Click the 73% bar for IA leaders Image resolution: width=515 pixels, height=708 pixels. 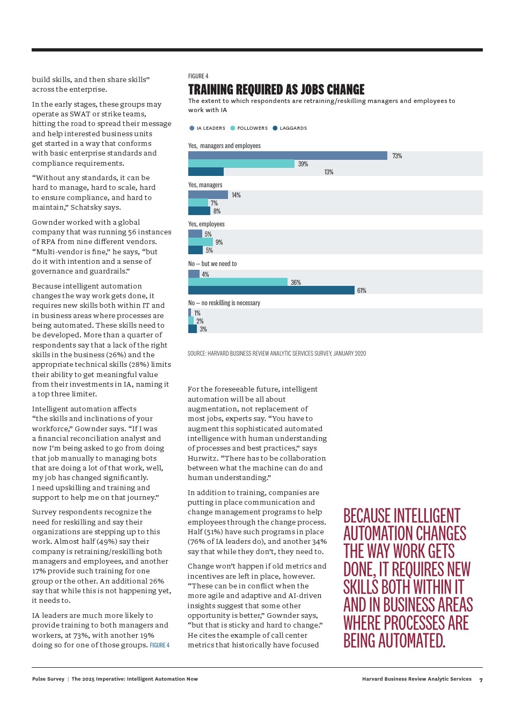pyautogui.click(x=288, y=156)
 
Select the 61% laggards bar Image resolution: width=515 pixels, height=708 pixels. pyautogui.click(x=271, y=290)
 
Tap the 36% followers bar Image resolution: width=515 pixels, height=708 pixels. pyautogui.click(x=238, y=282)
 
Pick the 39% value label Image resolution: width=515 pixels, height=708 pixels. pyautogui.click(x=303, y=164)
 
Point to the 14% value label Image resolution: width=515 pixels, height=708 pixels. pyautogui.click(x=236, y=195)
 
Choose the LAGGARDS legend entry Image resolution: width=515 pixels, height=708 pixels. pyautogui.click(x=293, y=128)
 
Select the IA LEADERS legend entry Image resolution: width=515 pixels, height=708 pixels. pyautogui.click(x=210, y=128)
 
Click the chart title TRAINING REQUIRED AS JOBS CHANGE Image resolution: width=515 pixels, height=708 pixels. pyautogui.click(x=276, y=90)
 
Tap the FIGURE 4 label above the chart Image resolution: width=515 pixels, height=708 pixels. pyautogui.click(x=198, y=76)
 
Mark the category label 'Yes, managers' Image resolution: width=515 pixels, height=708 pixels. pyautogui.click(x=205, y=185)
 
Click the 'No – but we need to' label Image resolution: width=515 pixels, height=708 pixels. pyautogui.click(x=212, y=264)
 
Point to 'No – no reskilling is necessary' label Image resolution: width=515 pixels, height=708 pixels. pyautogui.click(x=224, y=303)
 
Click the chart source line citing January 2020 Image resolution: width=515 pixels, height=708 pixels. pyautogui.click(x=277, y=353)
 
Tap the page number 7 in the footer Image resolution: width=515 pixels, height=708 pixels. pyautogui.click(x=481, y=680)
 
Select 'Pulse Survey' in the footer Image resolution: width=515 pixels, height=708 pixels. pyautogui.click(x=48, y=679)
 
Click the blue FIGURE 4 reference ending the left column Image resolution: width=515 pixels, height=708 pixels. pyautogui.click(x=160, y=645)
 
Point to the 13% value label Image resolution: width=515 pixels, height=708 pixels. pyautogui.click(x=329, y=172)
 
